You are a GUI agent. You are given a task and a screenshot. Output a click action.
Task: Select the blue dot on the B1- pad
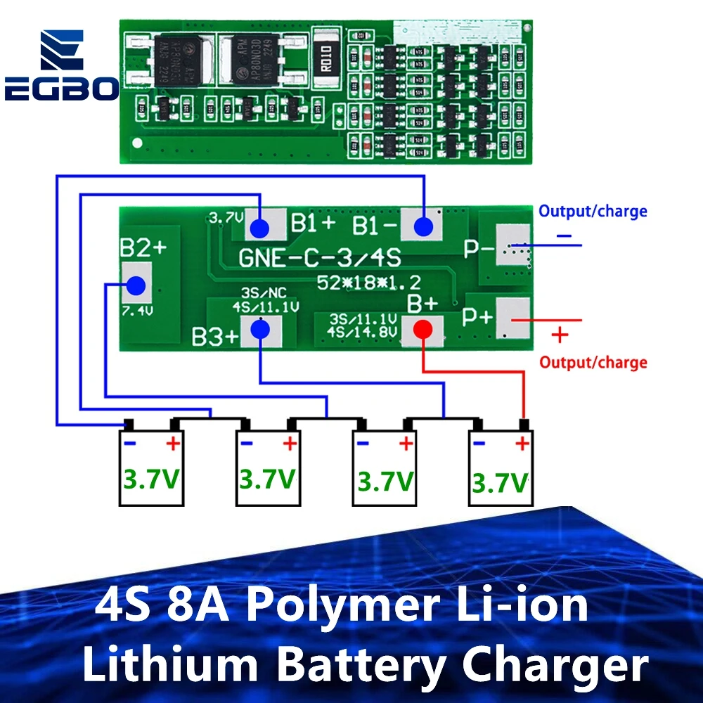point(423,226)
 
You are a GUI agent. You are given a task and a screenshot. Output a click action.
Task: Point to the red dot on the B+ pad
point(423,330)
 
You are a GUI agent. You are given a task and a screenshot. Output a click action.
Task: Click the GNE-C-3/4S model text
point(320,258)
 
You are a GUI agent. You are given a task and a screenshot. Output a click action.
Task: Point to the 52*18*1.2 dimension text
point(368,283)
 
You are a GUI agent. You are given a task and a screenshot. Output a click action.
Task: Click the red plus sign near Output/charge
point(560,335)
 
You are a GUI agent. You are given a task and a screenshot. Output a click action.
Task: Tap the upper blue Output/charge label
point(593,211)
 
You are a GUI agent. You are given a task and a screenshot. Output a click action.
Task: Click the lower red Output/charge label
point(593,363)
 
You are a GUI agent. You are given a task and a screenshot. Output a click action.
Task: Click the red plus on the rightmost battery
point(522,444)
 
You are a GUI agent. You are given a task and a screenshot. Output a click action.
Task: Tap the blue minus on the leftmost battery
point(129,444)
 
